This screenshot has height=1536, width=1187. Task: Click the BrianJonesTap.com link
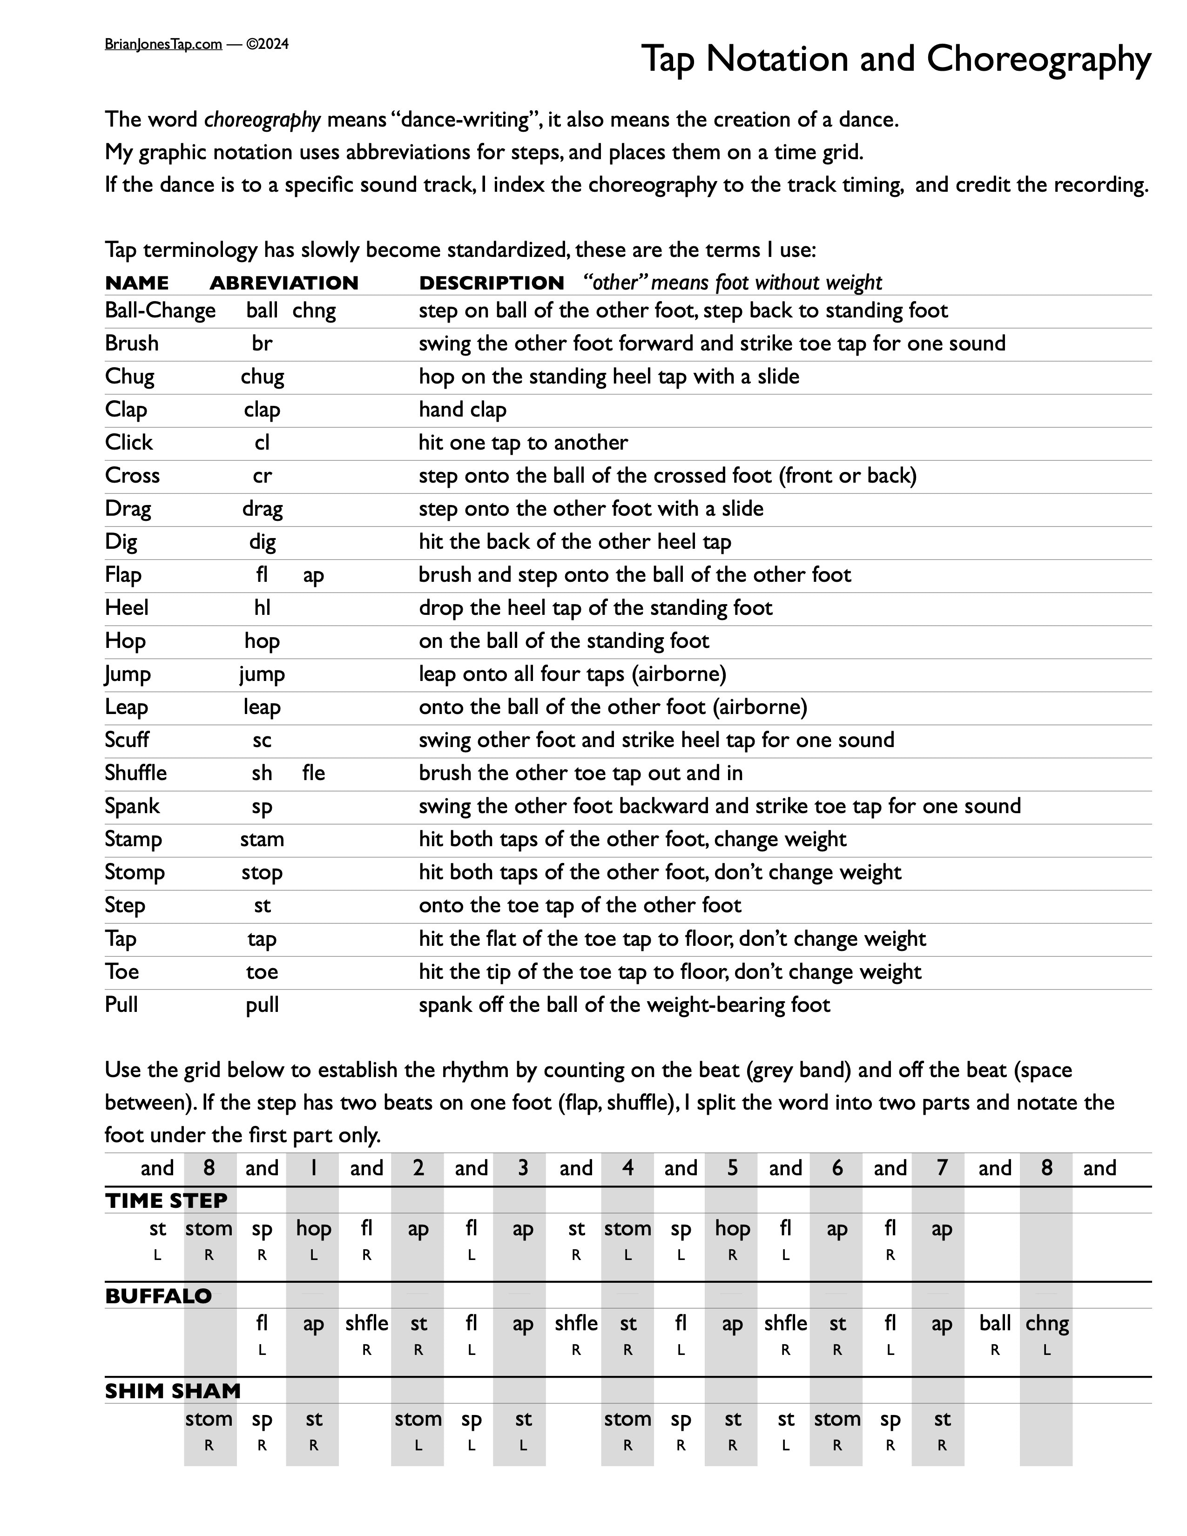pyautogui.click(x=163, y=44)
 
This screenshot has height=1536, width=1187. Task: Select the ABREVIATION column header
pyautogui.click(x=284, y=283)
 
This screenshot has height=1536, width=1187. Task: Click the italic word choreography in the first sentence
pyautogui.click(x=262, y=120)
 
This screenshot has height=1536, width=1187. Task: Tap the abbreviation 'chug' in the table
pyautogui.click(x=262, y=376)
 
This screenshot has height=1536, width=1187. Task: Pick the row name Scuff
pyautogui.click(x=127, y=740)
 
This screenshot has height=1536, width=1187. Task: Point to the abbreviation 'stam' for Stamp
pyautogui.click(x=262, y=839)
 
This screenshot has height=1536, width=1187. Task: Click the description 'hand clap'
pyautogui.click(x=462, y=409)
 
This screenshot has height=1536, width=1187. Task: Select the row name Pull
pyautogui.click(x=121, y=1004)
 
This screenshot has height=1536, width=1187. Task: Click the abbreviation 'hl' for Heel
pyautogui.click(x=262, y=607)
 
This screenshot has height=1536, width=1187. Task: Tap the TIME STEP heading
pyautogui.click(x=166, y=1200)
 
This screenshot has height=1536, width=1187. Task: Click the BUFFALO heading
pyautogui.click(x=158, y=1296)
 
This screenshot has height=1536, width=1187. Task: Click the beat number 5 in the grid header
pyautogui.click(x=732, y=1168)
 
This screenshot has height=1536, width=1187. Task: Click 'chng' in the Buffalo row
pyautogui.click(x=1047, y=1324)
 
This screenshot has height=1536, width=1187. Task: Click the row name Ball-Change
pyautogui.click(x=160, y=310)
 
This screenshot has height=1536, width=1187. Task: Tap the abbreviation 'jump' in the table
pyautogui.click(x=262, y=674)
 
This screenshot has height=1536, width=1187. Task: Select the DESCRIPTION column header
pyautogui.click(x=492, y=283)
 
